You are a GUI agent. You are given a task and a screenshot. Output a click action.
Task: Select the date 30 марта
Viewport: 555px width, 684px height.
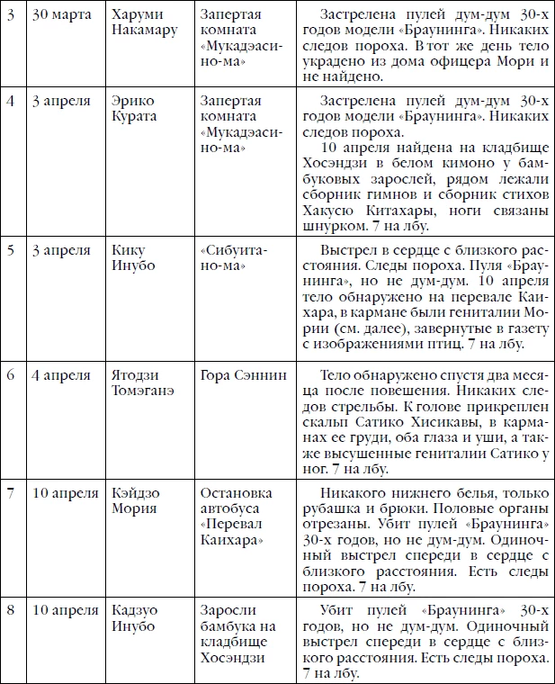coord(59,17)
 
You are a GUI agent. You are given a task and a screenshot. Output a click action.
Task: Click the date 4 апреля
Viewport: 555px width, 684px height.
coord(60,374)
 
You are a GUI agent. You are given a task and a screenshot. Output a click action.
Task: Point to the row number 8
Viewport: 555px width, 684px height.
coord(11,610)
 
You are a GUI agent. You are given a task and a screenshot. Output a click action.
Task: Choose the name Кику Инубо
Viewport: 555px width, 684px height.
coord(131,258)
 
